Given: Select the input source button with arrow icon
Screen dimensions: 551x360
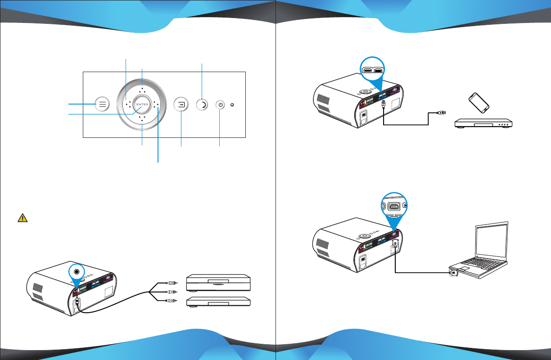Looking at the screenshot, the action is [181, 104].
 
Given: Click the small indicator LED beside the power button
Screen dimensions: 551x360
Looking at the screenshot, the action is [232, 105].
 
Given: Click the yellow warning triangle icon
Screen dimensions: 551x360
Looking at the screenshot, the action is [22, 218].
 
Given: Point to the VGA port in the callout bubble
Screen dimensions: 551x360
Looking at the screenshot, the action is [393, 206].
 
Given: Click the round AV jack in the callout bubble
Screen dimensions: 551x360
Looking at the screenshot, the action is [78, 272].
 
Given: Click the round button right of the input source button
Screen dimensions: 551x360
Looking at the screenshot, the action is [201, 105].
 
